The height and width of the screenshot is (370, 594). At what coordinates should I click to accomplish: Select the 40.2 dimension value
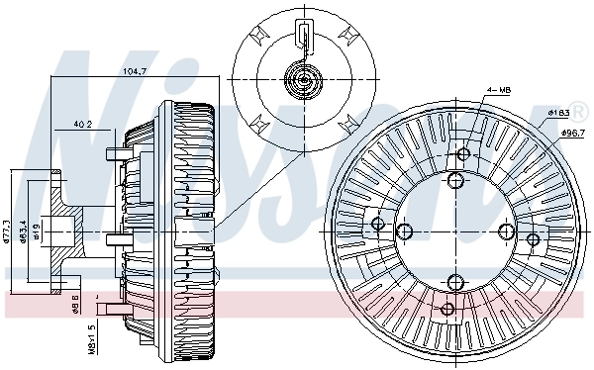click(83, 125)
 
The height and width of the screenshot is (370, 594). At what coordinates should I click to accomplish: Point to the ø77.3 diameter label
click(7, 233)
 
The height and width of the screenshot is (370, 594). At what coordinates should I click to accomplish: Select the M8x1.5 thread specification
click(92, 337)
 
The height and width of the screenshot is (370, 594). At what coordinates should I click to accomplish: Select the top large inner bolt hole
click(455, 181)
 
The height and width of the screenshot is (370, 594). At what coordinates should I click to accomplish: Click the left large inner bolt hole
click(405, 231)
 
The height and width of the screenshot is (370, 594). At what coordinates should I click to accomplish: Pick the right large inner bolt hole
click(507, 231)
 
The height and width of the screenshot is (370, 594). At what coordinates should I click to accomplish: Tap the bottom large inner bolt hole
click(455, 282)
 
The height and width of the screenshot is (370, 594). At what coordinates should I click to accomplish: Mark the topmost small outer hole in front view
click(463, 154)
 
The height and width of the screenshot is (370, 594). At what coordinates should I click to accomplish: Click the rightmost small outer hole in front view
click(534, 239)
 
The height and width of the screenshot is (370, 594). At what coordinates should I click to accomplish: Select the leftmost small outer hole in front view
click(377, 226)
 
